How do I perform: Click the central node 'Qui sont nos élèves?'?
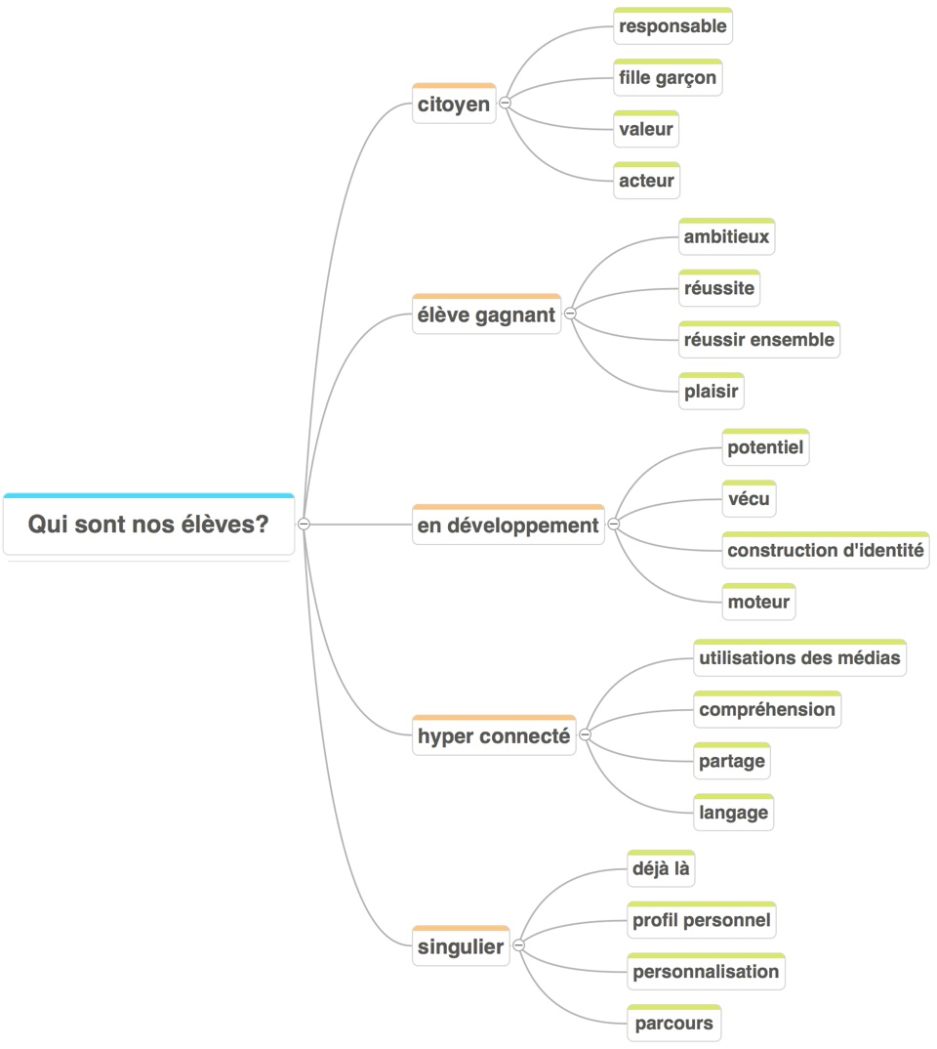[148, 525]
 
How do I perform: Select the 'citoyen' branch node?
[454, 105]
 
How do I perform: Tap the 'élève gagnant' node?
[486, 315]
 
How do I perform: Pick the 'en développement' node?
[508, 525]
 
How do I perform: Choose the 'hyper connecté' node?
[493, 736]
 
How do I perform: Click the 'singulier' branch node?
[461, 946]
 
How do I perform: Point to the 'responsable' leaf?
[672, 26]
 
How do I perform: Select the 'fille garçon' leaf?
[668, 78]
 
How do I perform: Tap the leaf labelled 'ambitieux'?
[726, 236]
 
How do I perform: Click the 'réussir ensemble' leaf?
[758, 340]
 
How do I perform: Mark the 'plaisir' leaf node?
[711, 392]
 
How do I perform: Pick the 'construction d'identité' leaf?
[825, 550]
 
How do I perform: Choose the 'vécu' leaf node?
[749, 499]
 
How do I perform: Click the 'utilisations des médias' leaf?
[799, 657]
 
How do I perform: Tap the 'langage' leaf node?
[733, 812]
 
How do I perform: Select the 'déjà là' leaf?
[661, 868]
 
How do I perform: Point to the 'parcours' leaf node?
[673, 1024]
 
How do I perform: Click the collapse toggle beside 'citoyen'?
[506, 103]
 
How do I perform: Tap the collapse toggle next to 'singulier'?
[518, 945]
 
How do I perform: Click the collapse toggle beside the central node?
[304, 524]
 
